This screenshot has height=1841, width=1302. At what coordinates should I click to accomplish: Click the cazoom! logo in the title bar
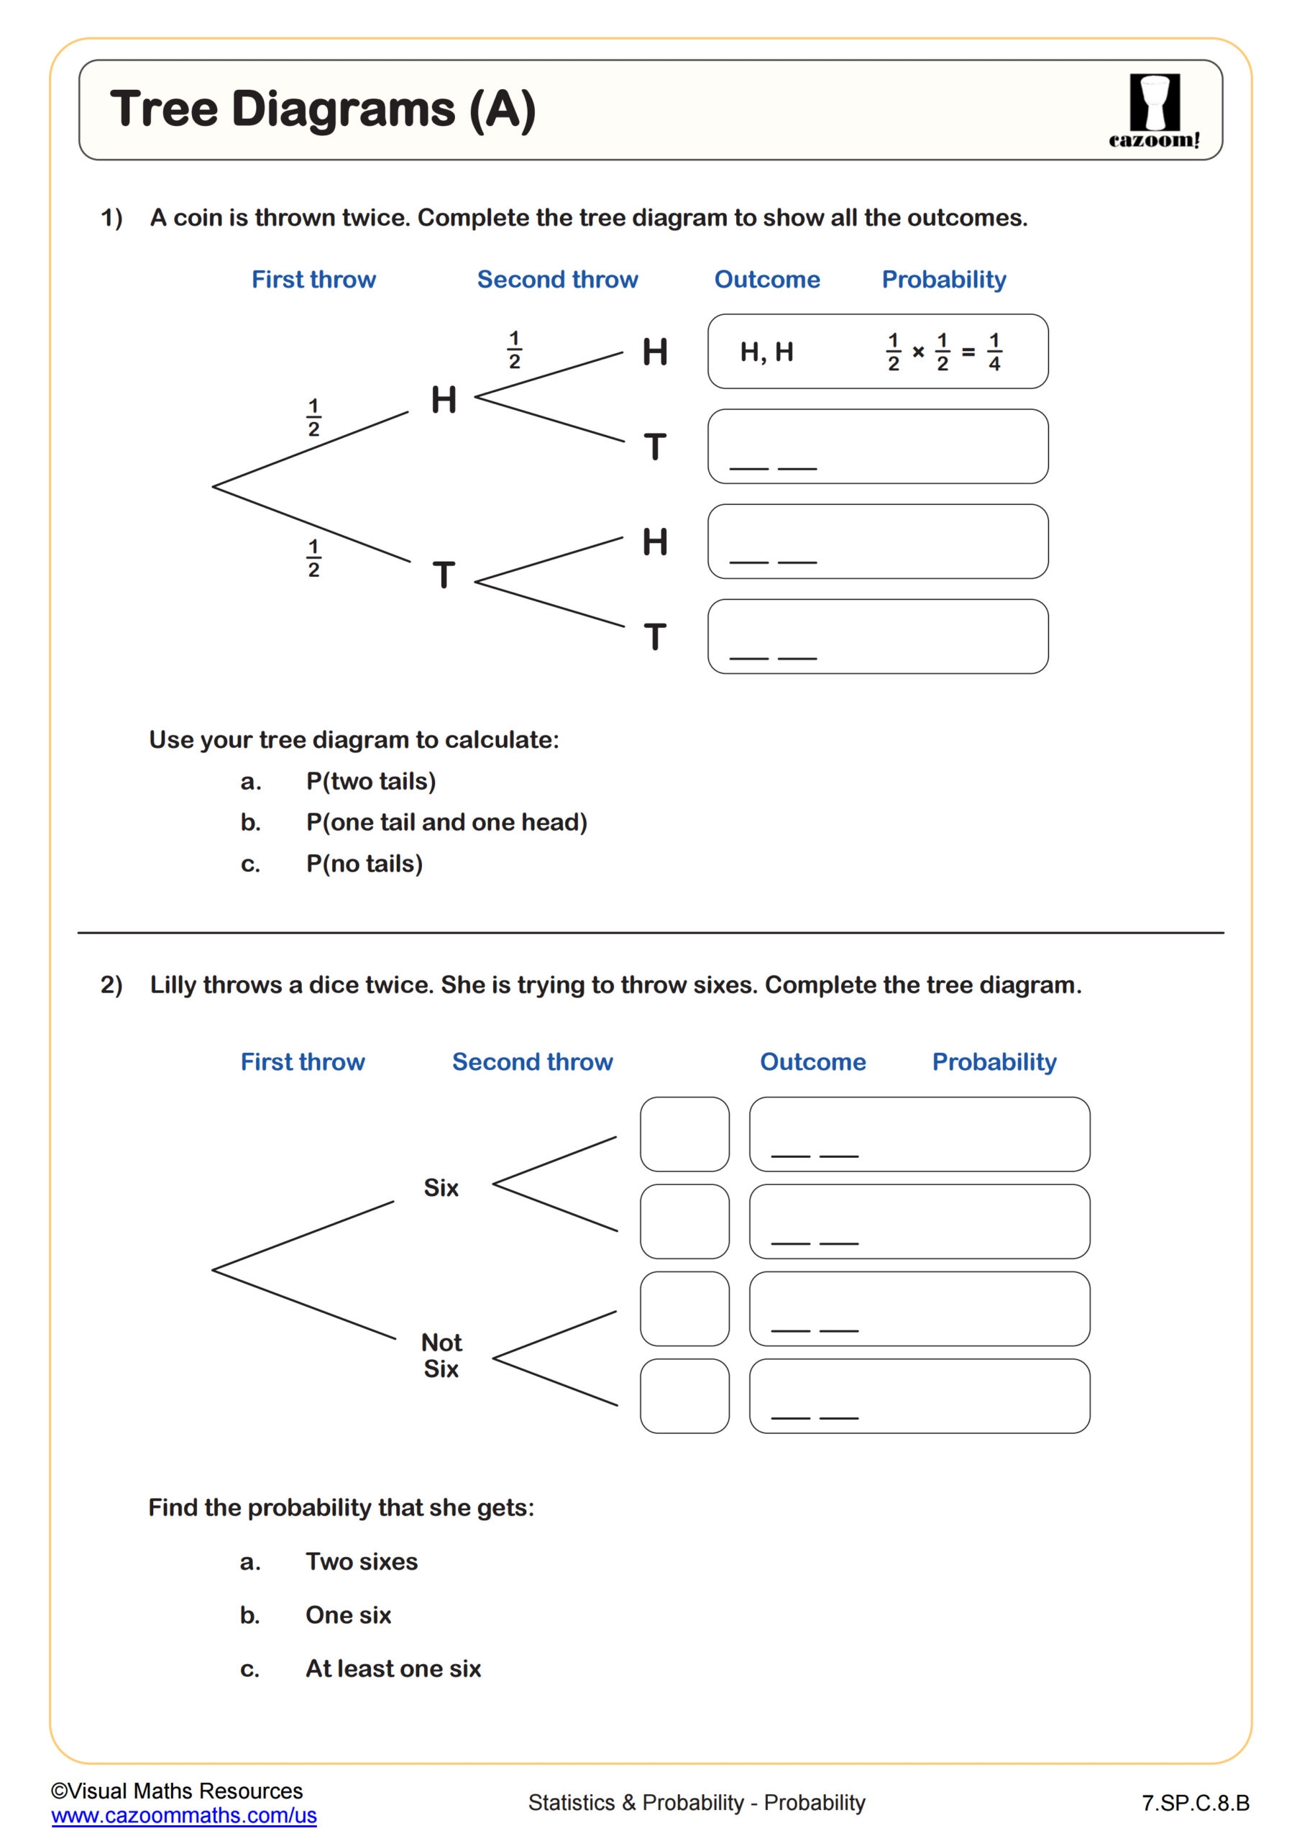pyautogui.click(x=1154, y=111)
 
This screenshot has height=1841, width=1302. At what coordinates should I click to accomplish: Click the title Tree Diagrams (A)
pyautogui.click(x=322, y=109)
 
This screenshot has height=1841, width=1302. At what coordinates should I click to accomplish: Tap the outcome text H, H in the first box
pyautogui.click(x=766, y=352)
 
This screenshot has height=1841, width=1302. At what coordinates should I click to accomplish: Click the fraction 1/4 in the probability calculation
pyautogui.click(x=994, y=352)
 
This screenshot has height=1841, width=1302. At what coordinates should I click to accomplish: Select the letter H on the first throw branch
pyautogui.click(x=444, y=399)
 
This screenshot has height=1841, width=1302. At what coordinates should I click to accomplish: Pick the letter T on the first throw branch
pyautogui.click(x=444, y=575)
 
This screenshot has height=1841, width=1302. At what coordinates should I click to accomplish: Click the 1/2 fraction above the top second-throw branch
pyautogui.click(x=515, y=350)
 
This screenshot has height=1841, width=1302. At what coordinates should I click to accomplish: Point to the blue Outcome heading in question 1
pyautogui.click(x=766, y=279)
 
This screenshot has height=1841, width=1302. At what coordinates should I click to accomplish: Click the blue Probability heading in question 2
pyautogui.click(x=994, y=1061)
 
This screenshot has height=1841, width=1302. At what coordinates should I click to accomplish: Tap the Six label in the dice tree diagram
pyautogui.click(x=441, y=1187)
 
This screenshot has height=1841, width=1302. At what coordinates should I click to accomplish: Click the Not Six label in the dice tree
pyautogui.click(x=441, y=1355)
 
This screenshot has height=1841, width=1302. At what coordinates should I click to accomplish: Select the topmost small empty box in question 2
pyautogui.click(x=684, y=1134)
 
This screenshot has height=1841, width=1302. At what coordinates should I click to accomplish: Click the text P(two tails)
pyautogui.click(x=370, y=781)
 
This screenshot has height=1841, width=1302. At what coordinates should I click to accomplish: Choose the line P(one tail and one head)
pyautogui.click(x=446, y=822)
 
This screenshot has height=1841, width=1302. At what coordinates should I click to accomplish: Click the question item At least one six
pyautogui.click(x=393, y=1668)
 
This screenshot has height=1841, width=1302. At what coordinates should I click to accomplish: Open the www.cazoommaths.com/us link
pyautogui.click(x=183, y=1815)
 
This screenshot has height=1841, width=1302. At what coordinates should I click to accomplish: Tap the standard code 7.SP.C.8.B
pyautogui.click(x=1196, y=1804)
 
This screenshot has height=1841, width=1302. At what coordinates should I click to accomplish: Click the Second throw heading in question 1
pyautogui.click(x=557, y=279)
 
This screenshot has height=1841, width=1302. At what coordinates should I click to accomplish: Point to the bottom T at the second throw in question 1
pyautogui.click(x=655, y=636)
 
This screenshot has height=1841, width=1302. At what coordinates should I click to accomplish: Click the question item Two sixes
pyautogui.click(x=362, y=1561)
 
